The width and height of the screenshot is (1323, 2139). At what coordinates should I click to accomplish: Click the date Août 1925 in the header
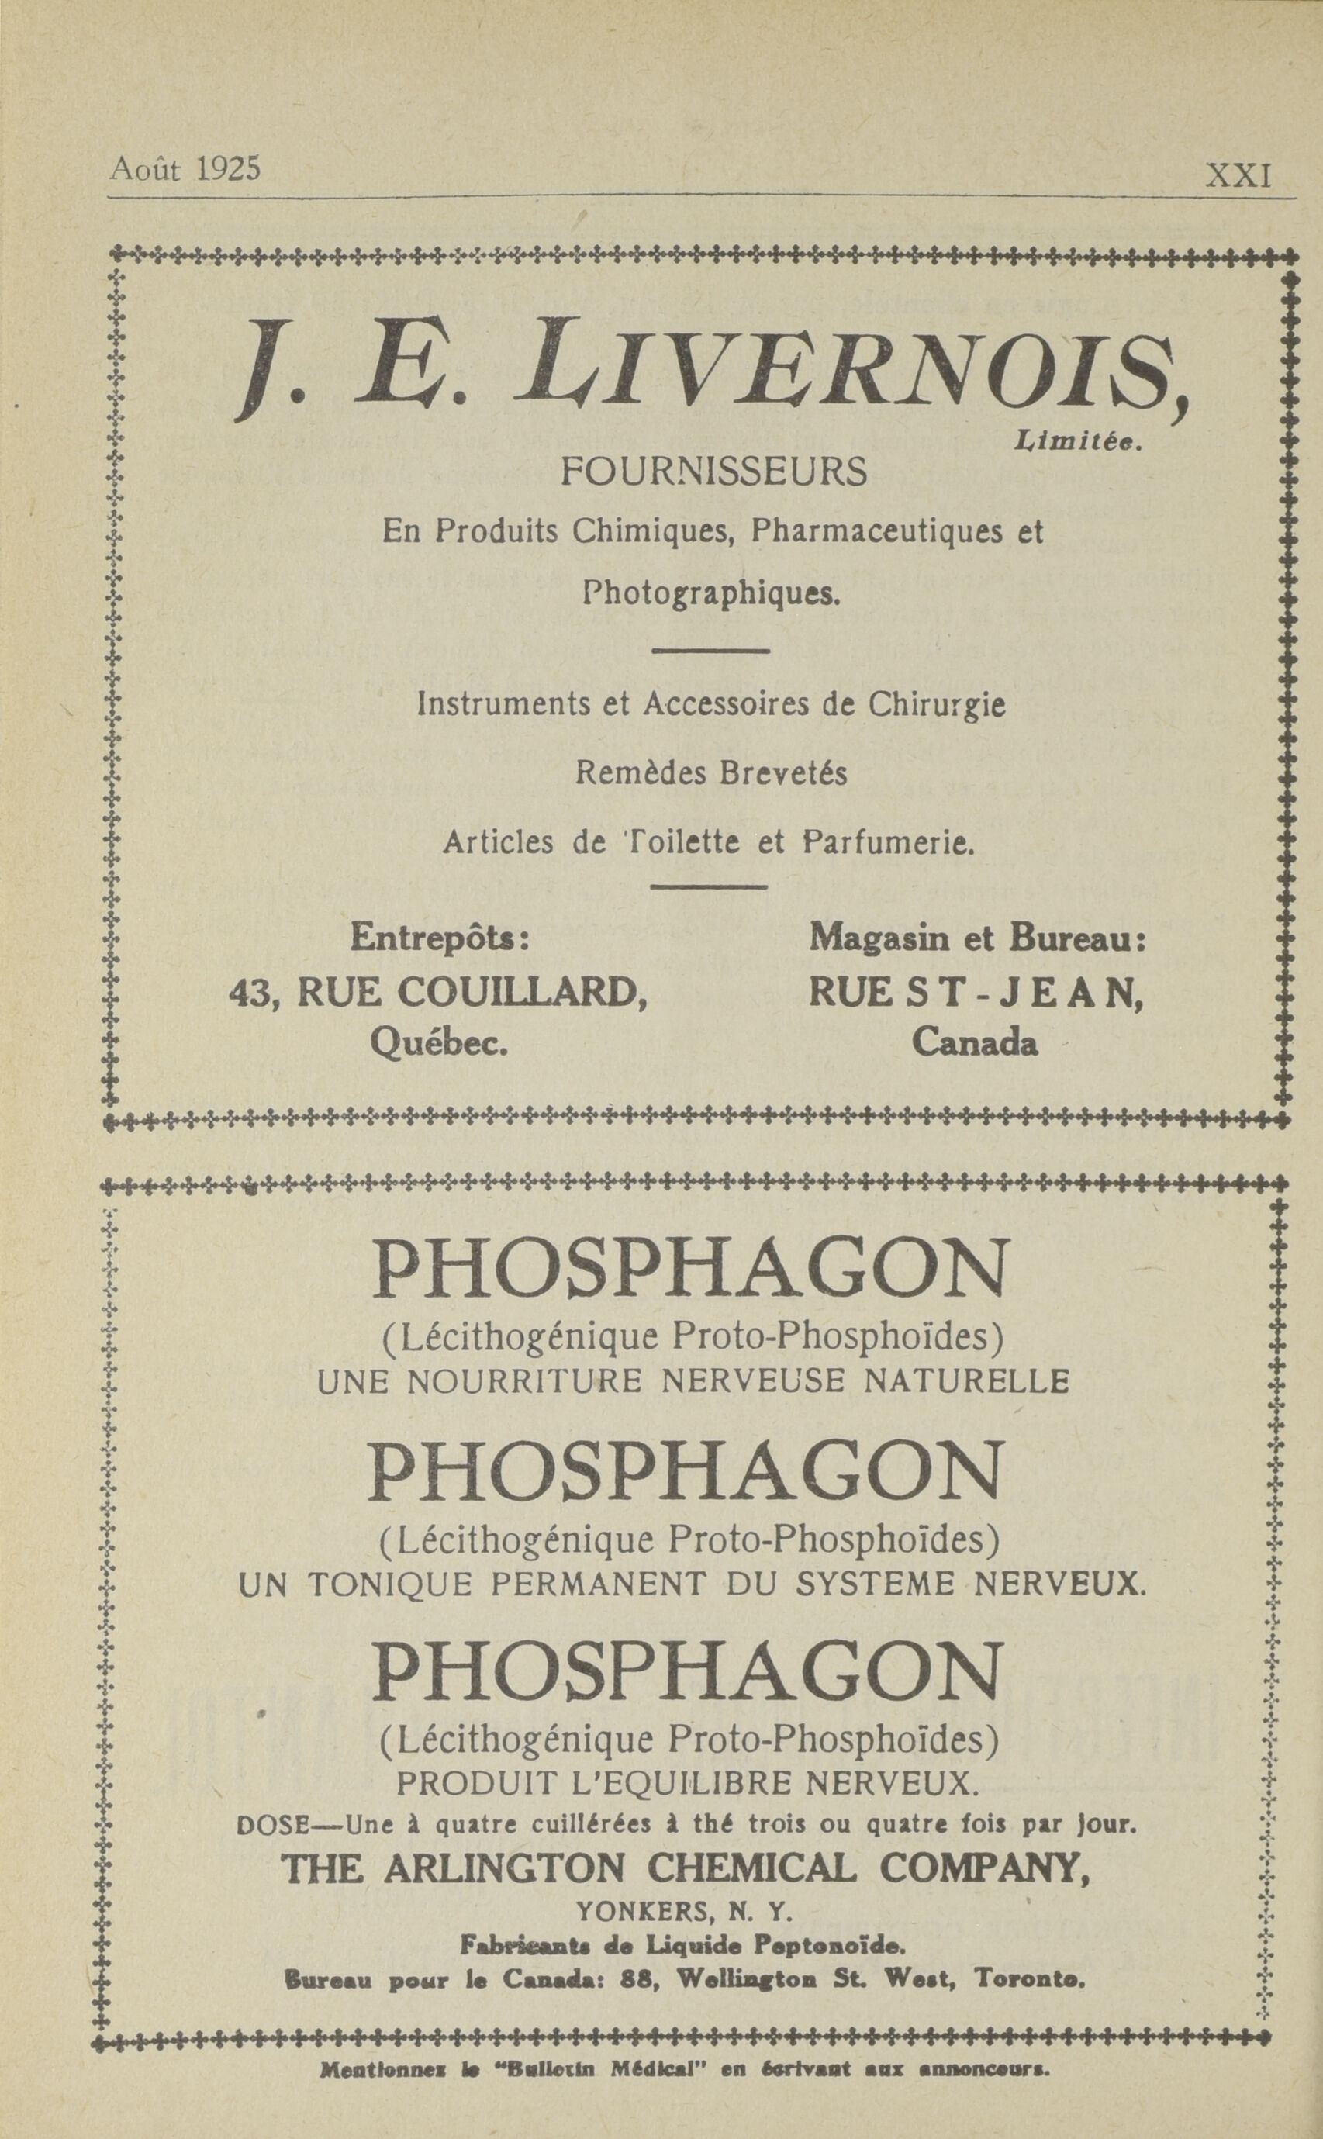click(x=185, y=168)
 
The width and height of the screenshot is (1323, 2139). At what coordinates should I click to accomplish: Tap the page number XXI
click(x=1238, y=176)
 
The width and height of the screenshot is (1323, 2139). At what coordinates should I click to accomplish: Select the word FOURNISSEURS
click(x=713, y=472)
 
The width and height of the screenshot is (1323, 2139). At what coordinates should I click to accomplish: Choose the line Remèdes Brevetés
click(x=711, y=773)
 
